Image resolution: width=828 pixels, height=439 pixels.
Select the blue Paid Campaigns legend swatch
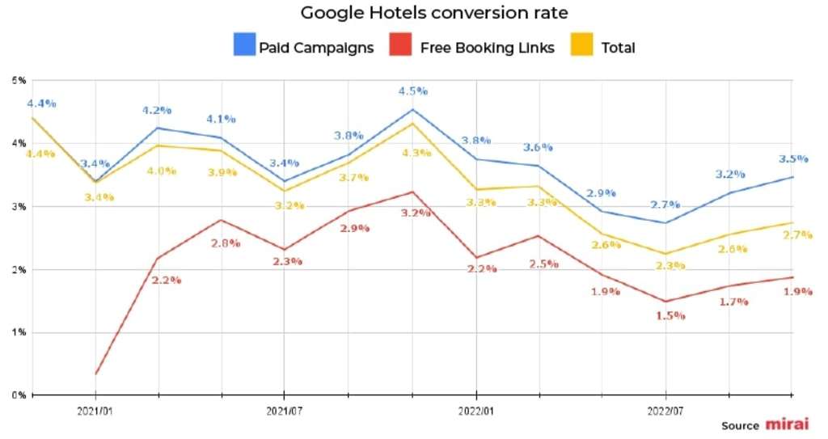(x=243, y=46)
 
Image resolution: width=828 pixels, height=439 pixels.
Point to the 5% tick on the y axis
(x=17, y=80)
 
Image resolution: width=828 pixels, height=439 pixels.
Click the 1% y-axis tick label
(x=17, y=332)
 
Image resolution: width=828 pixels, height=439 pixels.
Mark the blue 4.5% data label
(x=412, y=91)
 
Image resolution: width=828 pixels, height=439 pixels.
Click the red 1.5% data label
(x=670, y=315)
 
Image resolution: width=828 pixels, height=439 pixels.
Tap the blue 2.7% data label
(x=665, y=205)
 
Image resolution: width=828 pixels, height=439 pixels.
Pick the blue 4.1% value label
(x=221, y=119)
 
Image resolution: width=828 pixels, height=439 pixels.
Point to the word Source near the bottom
(x=740, y=426)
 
